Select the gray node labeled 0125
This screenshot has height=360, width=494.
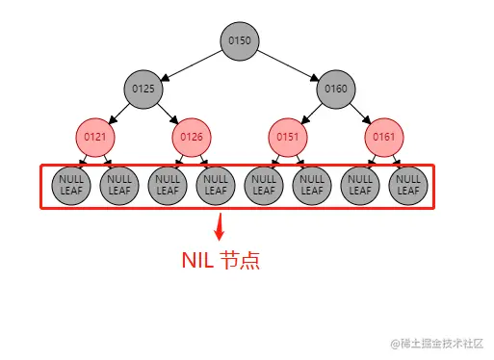point(143,89)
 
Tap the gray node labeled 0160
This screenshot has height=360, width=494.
point(335,89)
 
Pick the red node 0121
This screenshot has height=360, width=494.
point(94,137)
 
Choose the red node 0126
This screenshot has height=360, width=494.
point(191,137)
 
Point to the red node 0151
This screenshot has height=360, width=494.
point(287,137)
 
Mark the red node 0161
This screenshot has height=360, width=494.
point(383,137)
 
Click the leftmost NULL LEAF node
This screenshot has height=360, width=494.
point(71,185)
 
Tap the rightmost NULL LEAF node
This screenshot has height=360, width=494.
point(407,185)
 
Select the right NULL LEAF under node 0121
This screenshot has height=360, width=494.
point(118,185)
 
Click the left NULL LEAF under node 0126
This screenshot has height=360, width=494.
point(167,185)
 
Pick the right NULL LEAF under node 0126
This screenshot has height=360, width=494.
point(215,185)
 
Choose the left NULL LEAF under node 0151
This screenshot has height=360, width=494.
point(263,185)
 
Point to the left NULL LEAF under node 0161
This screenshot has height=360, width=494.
point(359,185)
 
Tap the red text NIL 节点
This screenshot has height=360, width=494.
point(221,260)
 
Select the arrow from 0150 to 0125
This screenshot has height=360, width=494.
point(193,64)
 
